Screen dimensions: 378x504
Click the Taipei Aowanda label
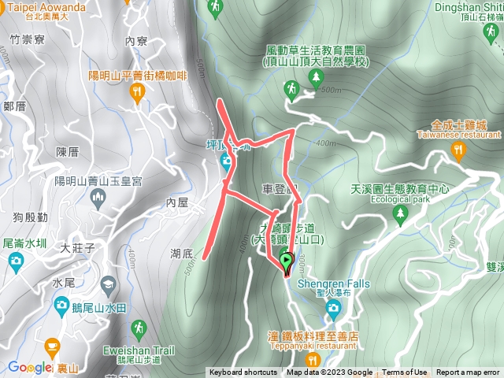[x=46, y=5]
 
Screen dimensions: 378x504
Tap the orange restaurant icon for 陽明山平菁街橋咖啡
[x=139, y=93]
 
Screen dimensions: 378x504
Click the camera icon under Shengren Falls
[x=334, y=306]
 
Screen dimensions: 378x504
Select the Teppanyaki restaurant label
[x=313, y=344]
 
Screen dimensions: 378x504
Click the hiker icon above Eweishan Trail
[x=139, y=327]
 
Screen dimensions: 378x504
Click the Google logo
[x=29, y=367]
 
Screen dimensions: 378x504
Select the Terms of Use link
[x=405, y=372]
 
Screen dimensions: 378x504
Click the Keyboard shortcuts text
[x=243, y=372]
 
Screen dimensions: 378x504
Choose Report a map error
[x=468, y=372]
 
